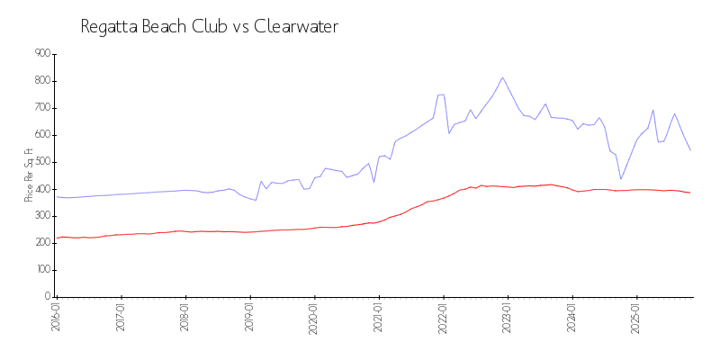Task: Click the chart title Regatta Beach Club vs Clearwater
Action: pos(209,27)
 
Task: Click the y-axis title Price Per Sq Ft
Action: pos(30,175)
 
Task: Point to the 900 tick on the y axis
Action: pos(42,54)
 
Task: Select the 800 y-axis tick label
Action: pos(42,81)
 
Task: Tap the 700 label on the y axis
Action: pos(42,108)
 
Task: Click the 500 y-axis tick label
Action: pos(42,162)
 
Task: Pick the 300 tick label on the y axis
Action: pos(42,216)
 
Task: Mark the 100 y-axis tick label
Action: pos(42,270)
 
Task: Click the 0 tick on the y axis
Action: pos(48,297)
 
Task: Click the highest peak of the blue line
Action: pos(502,77)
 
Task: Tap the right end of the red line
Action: pos(690,193)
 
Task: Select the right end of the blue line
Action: pos(690,149)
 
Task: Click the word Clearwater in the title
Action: pos(296,27)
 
